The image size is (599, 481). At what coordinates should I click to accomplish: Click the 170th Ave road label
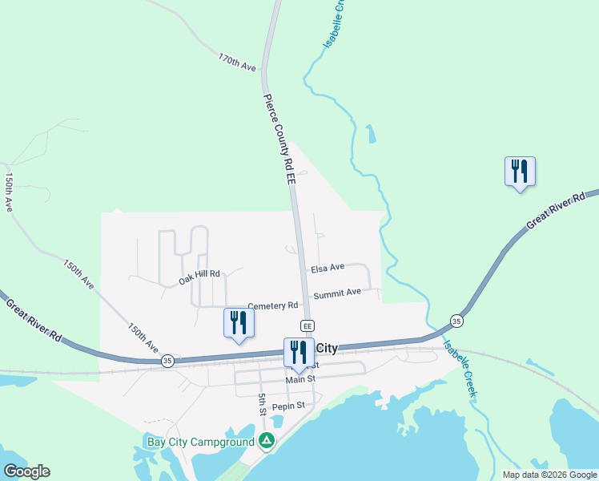[237, 63]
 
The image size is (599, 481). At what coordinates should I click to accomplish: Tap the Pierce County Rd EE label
[280, 141]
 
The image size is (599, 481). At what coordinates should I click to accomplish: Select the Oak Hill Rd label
[199, 278]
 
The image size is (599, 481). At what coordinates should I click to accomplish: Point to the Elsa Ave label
[328, 267]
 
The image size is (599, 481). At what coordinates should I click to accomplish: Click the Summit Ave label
[337, 293]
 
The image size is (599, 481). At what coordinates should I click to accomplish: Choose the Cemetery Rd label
[273, 305]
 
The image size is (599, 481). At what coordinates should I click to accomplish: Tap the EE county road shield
[307, 325]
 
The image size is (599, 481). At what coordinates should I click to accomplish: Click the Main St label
[302, 378]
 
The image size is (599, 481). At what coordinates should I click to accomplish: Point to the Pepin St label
[288, 406]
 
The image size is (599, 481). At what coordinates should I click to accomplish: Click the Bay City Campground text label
[199, 440]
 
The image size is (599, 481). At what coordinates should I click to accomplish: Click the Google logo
[26, 471]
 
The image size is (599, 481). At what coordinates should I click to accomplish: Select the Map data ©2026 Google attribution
[549, 475]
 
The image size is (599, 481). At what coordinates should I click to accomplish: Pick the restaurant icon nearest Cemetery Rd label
[239, 322]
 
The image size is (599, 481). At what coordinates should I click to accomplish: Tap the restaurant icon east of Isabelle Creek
[520, 171]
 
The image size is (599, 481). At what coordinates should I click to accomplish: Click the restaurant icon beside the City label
[299, 352]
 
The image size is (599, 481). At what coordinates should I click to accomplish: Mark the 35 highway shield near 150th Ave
[167, 361]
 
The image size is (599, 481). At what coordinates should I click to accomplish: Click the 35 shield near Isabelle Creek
[456, 321]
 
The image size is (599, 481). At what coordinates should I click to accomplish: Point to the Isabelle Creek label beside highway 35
[460, 370]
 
